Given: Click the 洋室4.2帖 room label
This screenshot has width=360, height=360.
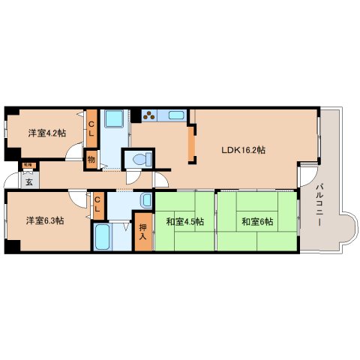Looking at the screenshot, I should (x=46, y=133).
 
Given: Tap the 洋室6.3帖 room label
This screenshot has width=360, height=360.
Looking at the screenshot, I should (x=46, y=220).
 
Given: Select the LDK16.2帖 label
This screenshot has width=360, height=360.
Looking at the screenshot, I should (x=242, y=150).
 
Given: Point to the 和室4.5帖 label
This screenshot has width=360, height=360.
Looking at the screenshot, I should (x=181, y=221).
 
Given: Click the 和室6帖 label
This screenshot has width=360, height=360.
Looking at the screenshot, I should (x=256, y=221).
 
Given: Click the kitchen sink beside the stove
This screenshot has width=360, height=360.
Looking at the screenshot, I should (x=177, y=115).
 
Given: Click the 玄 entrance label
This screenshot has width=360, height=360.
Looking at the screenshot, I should (x=29, y=181).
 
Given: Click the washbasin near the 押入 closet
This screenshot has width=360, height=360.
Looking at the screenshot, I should (x=144, y=200).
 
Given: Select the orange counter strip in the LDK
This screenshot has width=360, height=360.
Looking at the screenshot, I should (x=193, y=145).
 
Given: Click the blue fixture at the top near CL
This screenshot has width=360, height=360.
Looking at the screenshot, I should (x=115, y=120).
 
